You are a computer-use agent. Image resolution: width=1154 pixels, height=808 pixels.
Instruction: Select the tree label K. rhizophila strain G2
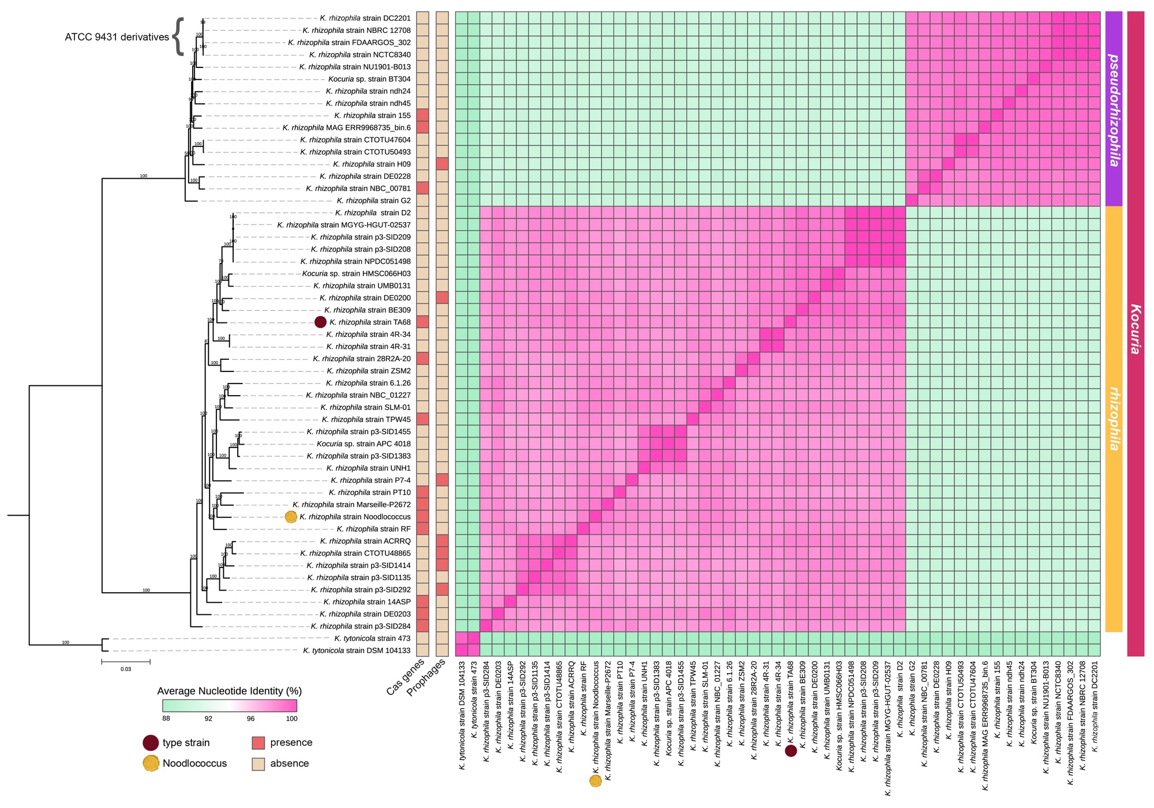click(x=374, y=201)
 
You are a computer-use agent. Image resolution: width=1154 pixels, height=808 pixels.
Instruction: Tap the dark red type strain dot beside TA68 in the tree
click(x=320, y=322)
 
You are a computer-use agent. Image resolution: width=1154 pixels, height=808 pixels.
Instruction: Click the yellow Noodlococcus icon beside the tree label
click(x=291, y=517)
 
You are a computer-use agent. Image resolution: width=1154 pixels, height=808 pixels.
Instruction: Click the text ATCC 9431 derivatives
click(x=117, y=37)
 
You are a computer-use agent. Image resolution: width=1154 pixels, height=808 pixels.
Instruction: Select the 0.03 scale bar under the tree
click(x=126, y=662)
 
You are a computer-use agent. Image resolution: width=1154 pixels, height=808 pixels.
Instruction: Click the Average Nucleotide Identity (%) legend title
click(x=230, y=691)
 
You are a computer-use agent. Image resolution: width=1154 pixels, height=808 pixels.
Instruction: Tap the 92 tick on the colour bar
click(x=208, y=719)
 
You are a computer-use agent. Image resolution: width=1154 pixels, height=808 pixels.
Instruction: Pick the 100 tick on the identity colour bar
click(x=291, y=719)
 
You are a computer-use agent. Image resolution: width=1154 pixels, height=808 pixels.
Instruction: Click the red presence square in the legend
click(x=258, y=743)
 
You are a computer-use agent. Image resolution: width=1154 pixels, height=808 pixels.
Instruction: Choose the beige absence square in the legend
click(x=258, y=764)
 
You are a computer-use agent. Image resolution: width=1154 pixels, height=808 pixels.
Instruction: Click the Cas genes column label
click(x=406, y=677)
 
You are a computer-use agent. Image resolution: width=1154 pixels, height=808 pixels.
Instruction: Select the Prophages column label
click(x=427, y=678)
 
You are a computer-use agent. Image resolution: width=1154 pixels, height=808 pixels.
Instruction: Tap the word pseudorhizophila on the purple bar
click(x=1114, y=110)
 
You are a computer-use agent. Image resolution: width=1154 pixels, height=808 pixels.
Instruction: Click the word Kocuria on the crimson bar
click(x=1135, y=329)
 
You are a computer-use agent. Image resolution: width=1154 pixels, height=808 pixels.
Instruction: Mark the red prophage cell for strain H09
click(x=442, y=164)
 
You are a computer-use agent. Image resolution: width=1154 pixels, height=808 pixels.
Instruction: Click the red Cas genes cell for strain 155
click(x=422, y=115)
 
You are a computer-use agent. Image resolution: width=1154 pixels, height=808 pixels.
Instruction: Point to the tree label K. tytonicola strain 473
click(x=372, y=638)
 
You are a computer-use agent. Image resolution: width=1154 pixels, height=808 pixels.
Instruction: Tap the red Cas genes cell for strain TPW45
click(x=422, y=419)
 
